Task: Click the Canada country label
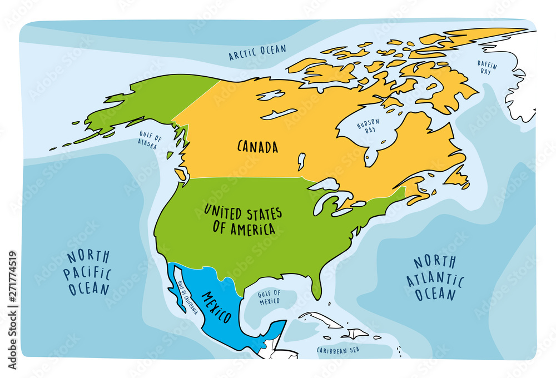click(x=257, y=147)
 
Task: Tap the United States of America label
click(x=242, y=220)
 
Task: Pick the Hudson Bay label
click(x=368, y=126)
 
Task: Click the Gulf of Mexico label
click(x=269, y=297)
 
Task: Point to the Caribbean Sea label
click(x=338, y=350)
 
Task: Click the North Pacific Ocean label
click(x=89, y=273)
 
